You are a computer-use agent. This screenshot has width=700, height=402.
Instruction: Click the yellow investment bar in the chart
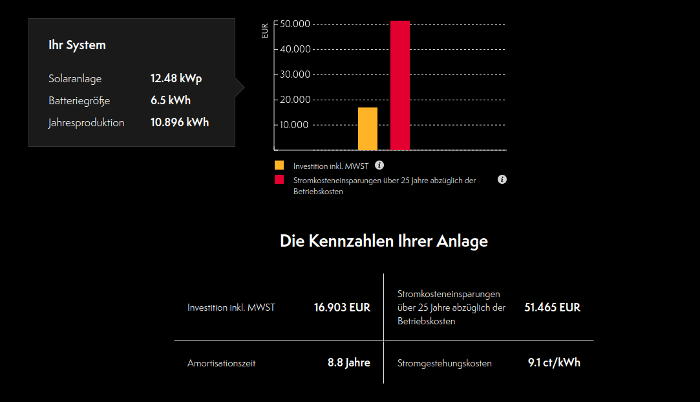[x=368, y=129]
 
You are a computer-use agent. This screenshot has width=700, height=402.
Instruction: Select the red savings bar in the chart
[x=400, y=85]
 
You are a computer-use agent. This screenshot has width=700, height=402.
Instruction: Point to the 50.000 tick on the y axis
[x=295, y=24]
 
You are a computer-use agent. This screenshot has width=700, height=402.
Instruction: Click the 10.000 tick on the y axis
[x=295, y=125]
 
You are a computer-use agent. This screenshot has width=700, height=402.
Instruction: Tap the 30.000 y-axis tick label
[x=295, y=74]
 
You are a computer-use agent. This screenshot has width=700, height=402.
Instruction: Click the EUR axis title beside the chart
[x=264, y=31]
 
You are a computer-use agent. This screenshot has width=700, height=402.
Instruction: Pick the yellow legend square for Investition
[x=279, y=165]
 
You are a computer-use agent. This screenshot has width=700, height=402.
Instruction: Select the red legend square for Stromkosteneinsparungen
[x=279, y=179]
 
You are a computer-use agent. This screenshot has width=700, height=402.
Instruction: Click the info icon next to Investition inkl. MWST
[x=379, y=165]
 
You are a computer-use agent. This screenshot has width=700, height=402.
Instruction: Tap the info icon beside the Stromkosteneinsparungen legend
[x=502, y=179]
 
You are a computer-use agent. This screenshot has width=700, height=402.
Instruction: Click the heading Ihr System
[x=77, y=45]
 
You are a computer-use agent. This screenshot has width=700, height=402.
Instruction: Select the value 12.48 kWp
[x=176, y=78]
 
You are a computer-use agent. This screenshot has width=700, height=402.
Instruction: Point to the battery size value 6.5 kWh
[x=171, y=100]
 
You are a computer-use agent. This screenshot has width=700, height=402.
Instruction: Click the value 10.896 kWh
[x=180, y=122]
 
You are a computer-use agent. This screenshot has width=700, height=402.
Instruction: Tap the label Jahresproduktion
[x=86, y=122]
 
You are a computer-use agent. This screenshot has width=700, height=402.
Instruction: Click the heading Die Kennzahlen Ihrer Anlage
[x=383, y=241]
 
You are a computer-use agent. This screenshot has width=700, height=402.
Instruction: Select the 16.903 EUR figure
[x=342, y=307]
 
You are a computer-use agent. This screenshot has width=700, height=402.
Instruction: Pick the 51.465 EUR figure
[x=552, y=307]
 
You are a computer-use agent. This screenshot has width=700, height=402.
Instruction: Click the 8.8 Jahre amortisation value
[x=348, y=363]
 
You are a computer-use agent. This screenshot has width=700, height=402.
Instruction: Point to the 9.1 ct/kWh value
[x=554, y=363]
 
